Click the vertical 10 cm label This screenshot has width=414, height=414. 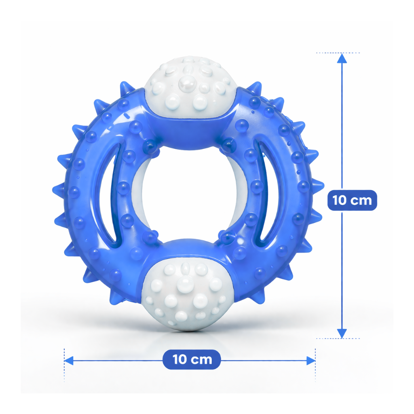352,200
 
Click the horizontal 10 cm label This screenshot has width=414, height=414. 192,359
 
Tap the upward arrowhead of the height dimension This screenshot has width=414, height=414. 342,58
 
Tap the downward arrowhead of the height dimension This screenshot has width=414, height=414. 342,334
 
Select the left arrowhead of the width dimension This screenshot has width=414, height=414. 69,360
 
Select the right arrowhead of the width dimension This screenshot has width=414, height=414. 311,360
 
